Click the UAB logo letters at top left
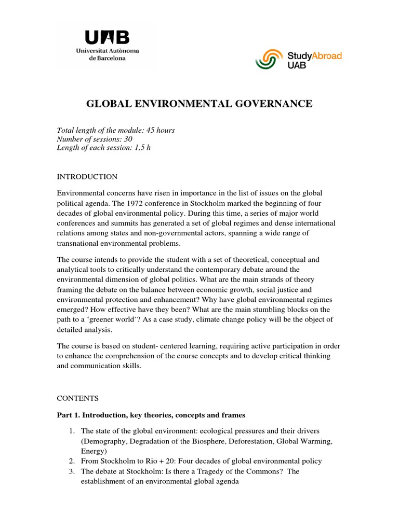[x=107, y=38]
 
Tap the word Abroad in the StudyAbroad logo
[x=324, y=55]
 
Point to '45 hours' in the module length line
[x=161, y=130]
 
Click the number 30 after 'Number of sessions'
[x=128, y=139]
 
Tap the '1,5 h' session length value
[x=141, y=148]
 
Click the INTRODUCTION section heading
[x=87, y=177]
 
